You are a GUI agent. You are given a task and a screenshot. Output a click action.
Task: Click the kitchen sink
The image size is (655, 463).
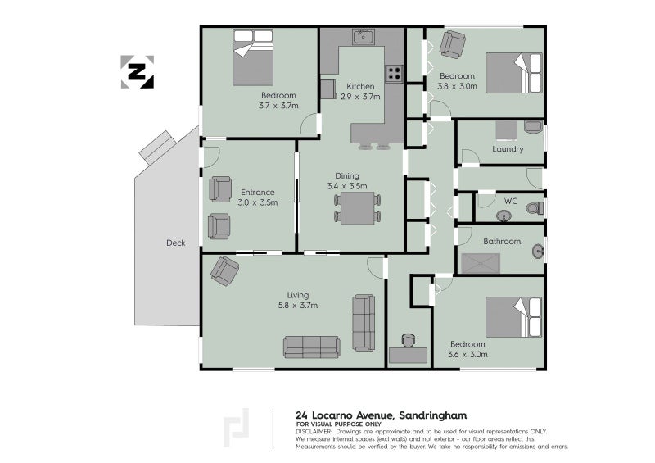[364, 37]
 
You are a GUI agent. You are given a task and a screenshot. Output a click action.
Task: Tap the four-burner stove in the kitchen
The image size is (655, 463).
[394, 74]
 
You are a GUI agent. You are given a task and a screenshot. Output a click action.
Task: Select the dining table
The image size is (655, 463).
[357, 208]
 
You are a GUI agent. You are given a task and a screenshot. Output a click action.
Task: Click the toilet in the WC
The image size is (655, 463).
[535, 207]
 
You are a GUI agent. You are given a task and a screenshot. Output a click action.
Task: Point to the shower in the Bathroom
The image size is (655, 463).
[481, 264]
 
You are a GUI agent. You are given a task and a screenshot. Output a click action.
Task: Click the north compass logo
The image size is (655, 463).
[137, 72]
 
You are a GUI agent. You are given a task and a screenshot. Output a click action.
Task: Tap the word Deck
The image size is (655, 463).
[175, 243]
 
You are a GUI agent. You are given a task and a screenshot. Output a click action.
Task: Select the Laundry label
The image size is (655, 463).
[508, 149]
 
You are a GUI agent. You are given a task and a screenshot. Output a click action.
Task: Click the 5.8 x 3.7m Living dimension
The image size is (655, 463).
[298, 306]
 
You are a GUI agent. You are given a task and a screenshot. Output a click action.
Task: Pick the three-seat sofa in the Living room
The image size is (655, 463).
[312, 347]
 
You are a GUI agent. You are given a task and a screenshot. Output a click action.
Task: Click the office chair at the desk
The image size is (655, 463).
[408, 340]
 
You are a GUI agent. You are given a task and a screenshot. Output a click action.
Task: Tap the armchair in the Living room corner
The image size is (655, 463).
[224, 270]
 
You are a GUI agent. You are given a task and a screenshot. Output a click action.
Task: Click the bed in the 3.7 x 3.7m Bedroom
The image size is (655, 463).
[253, 57]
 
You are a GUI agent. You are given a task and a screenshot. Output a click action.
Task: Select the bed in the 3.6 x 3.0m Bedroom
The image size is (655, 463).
[513, 317]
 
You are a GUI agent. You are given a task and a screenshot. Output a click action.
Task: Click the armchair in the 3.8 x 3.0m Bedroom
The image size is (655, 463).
[453, 44]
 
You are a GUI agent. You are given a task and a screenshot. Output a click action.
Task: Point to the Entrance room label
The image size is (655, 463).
[258, 193]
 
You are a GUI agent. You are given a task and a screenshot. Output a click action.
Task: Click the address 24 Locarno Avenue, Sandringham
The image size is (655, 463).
[381, 415]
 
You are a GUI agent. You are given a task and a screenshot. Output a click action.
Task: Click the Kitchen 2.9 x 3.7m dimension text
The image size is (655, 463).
[360, 97]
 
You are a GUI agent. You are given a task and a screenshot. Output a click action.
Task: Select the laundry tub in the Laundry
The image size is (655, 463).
[533, 127]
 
